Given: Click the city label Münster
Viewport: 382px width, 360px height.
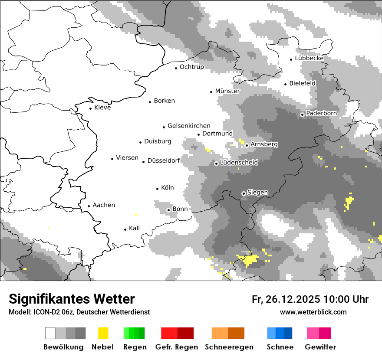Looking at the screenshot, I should [227, 91].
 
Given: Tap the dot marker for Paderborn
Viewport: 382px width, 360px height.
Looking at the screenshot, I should [302, 115].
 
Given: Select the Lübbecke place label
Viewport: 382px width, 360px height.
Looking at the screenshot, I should [309, 58].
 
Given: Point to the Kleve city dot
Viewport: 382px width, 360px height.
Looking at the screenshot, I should [90, 108].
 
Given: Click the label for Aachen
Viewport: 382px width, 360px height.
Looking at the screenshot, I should [104, 205].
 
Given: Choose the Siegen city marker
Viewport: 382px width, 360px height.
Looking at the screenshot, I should [244, 193].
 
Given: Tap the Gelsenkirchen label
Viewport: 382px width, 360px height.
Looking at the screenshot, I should [189, 126].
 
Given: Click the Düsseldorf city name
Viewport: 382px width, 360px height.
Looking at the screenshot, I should [164, 160].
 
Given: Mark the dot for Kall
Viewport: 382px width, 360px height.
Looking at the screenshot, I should [125, 229].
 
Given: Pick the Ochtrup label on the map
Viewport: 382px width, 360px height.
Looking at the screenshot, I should [191, 67].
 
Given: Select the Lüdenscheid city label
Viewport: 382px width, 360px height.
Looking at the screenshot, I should [239, 163].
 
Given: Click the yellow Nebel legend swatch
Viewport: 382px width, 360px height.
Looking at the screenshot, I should [103, 333].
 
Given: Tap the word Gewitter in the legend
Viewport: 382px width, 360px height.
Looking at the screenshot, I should [320, 347].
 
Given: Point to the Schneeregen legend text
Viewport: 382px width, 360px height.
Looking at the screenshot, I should [229, 347].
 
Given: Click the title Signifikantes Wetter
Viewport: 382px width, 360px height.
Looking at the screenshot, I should [72, 299].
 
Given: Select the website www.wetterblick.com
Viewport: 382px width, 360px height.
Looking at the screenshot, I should [313, 312].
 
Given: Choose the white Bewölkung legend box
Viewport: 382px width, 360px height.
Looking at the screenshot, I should [50, 333].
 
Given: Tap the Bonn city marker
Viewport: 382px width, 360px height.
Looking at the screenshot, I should [168, 210].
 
